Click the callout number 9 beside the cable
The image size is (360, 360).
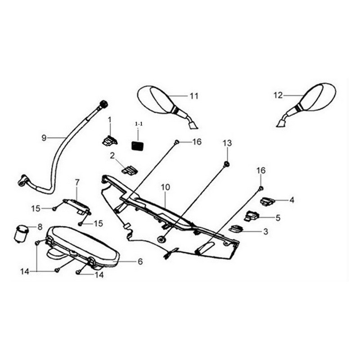(44, 138)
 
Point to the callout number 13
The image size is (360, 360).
(227, 143)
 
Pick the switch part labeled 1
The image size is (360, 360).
(108, 141)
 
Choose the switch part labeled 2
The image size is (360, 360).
(130, 170)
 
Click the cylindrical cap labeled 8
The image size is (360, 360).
(21, 233)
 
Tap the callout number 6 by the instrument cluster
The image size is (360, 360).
(140, 261)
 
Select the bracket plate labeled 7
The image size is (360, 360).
(75, 206)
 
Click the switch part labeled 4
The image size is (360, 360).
(267, 201)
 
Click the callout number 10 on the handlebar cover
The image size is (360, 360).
(164, 187)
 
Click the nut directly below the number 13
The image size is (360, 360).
(227, 163)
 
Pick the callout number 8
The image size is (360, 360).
(40, 227)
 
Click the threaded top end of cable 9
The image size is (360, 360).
(103, 104)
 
